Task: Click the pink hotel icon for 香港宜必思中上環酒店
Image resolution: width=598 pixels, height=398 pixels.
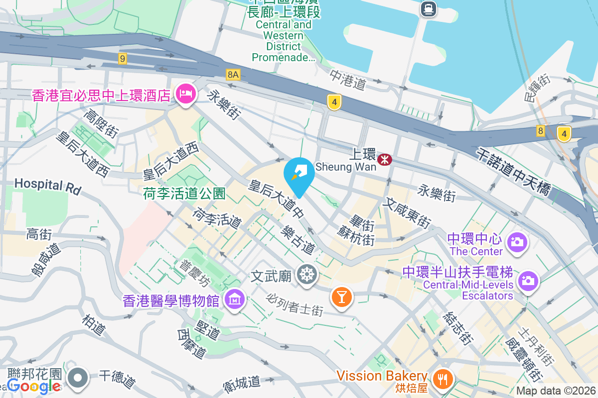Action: point(185,94)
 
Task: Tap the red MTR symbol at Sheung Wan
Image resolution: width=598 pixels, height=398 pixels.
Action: point(385,160)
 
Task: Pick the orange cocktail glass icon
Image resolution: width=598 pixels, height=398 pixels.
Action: point(342,297)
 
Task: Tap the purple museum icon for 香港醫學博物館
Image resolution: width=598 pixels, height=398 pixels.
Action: point(233,300)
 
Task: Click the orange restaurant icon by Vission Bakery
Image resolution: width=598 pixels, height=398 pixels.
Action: point(441,379)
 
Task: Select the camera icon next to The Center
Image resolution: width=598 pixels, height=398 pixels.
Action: point(517,242)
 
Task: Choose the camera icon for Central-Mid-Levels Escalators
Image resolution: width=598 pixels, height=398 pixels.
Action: point(528,281)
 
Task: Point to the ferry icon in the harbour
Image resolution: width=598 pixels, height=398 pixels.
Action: point(428,8)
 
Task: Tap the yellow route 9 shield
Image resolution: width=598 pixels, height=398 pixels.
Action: point(123,59)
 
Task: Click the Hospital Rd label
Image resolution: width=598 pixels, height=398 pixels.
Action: point(47,186)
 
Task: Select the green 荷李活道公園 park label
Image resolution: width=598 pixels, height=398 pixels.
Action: point(184,194)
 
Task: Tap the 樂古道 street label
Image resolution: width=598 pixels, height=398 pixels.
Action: point(299,238)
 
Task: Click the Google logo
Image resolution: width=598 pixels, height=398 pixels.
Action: point(34,386)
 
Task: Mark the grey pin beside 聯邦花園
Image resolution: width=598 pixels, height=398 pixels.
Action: point(78,378)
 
